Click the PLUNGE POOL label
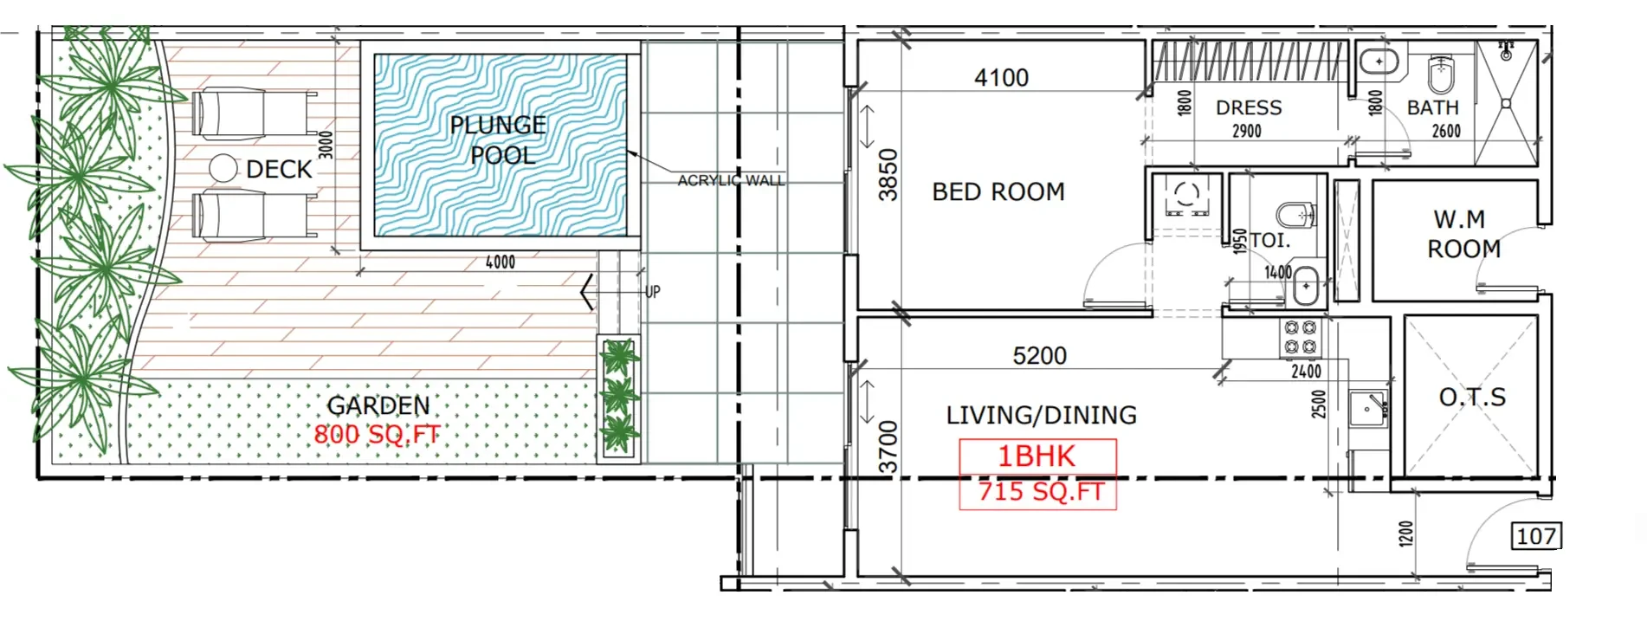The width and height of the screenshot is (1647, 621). click(x=498, y=139)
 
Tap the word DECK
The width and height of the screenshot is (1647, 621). click(x=279, y=169)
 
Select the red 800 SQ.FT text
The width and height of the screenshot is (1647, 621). click(x=377, y=434)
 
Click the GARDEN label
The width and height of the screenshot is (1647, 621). click(x=378, y=405)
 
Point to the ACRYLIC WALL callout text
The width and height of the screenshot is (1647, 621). click(x=731, y=180)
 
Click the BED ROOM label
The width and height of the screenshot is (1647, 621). click(x=998, y=191)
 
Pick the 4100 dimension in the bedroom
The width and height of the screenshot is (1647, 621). click(x=1002, y=78)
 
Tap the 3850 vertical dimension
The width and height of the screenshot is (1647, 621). click(x=888, y=175)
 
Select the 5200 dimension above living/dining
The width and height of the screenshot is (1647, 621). click(x=1040, y=355)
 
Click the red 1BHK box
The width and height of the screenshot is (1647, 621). click(x=1037, y=456)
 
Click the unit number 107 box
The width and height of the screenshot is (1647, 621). click(x=1537, y=536)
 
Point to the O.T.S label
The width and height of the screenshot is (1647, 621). click(x=1472, y=397)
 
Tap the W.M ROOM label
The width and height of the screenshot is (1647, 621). click(x=1463, y=234)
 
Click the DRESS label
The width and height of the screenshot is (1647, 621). click(x=1249, y=107)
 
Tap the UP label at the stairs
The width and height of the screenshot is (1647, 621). click(x=652, y=292)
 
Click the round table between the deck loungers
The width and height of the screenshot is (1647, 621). click(x=223, y=168)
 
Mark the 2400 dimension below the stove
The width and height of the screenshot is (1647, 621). click(x=1306, y=371)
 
